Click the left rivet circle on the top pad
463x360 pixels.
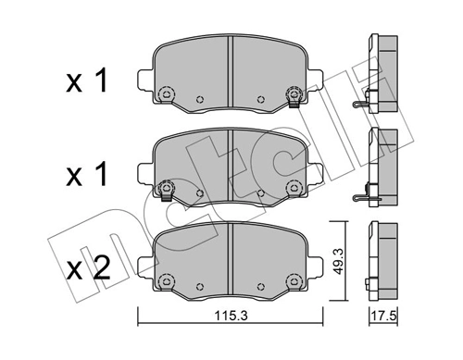point(168,93)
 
